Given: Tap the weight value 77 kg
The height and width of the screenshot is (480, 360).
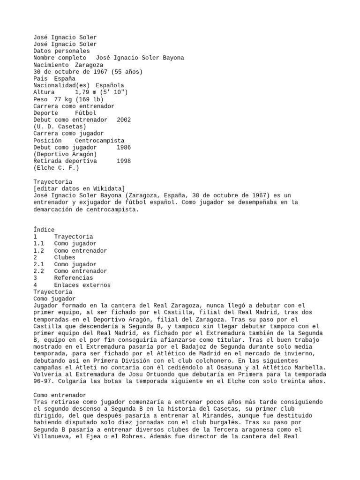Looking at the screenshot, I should (59, 99).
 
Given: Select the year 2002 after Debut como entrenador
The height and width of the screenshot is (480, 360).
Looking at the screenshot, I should (124, 120).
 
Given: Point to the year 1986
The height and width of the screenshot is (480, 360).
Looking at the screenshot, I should (124, 147).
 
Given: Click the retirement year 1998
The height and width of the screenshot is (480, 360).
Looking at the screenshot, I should (124, 161).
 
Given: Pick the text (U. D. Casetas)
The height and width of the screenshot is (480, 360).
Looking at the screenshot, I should (60, 127).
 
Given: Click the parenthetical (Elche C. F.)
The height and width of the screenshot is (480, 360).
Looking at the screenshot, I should (56, 168).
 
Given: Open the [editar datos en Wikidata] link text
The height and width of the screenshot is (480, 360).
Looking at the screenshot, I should (78, 188).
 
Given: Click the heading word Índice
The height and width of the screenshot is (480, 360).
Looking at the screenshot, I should (44, 230).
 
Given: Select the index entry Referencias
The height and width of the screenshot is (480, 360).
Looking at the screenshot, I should (73, 278).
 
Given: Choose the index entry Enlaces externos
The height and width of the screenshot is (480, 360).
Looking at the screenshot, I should (82, 285).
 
